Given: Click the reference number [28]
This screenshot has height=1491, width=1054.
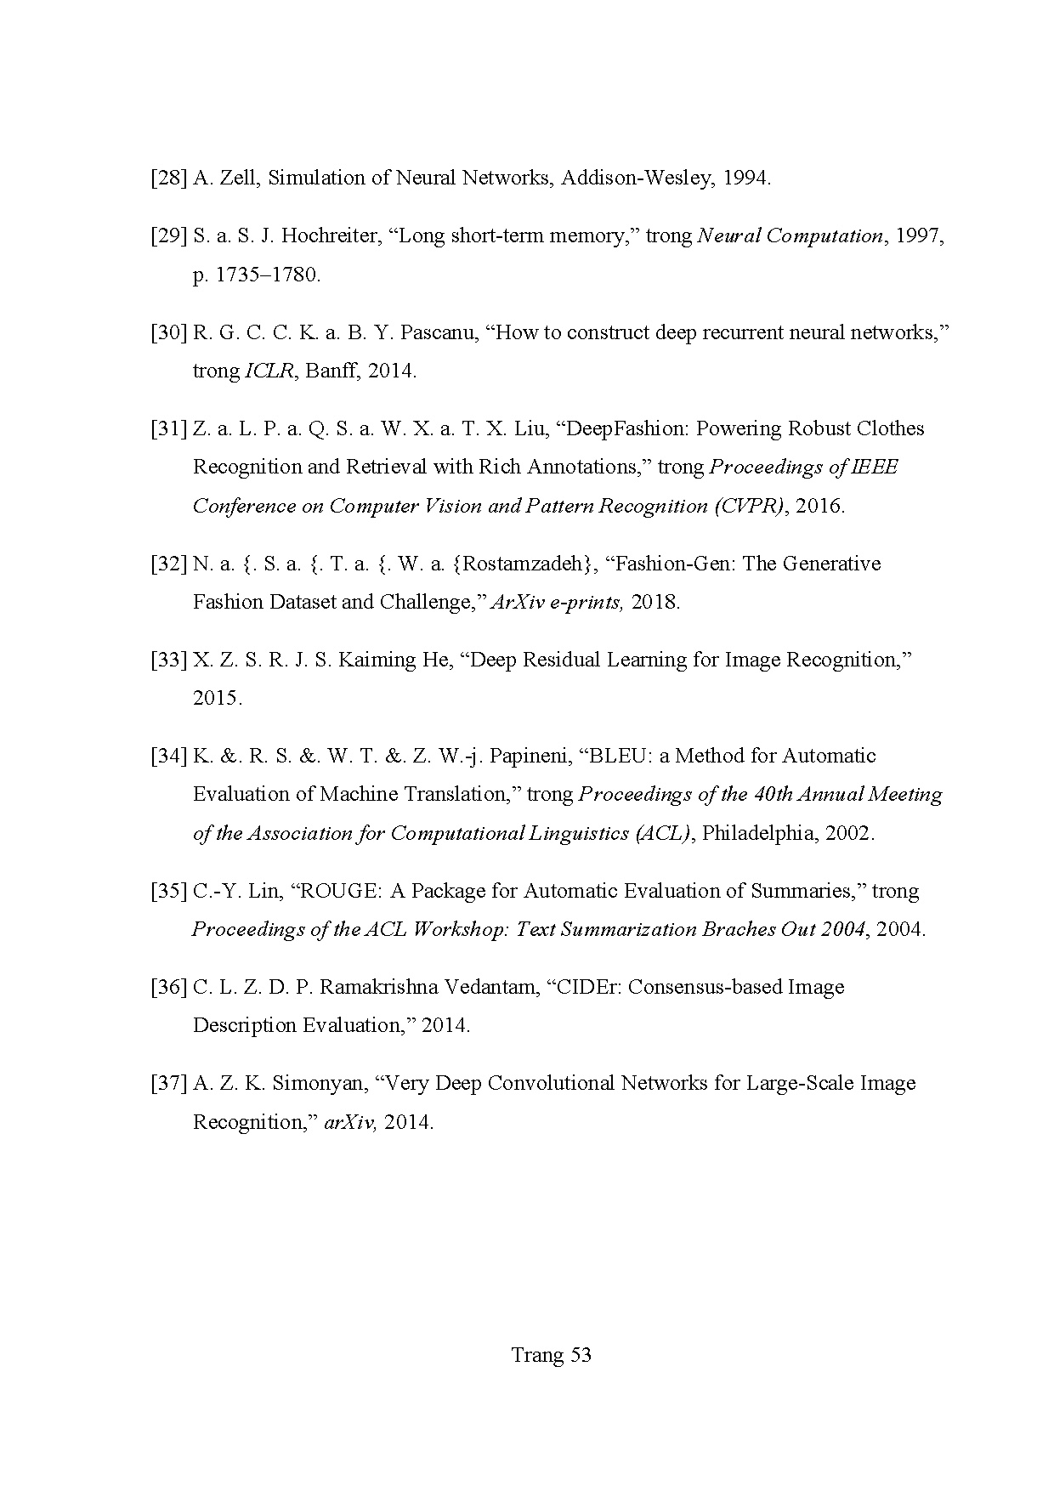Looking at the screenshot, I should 168,179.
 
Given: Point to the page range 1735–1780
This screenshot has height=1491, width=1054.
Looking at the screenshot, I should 265,275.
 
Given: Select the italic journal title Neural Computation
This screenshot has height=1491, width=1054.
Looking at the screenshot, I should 790,236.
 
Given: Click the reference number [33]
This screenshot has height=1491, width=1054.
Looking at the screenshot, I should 168,660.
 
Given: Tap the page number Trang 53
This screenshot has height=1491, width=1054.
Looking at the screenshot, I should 551,1355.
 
